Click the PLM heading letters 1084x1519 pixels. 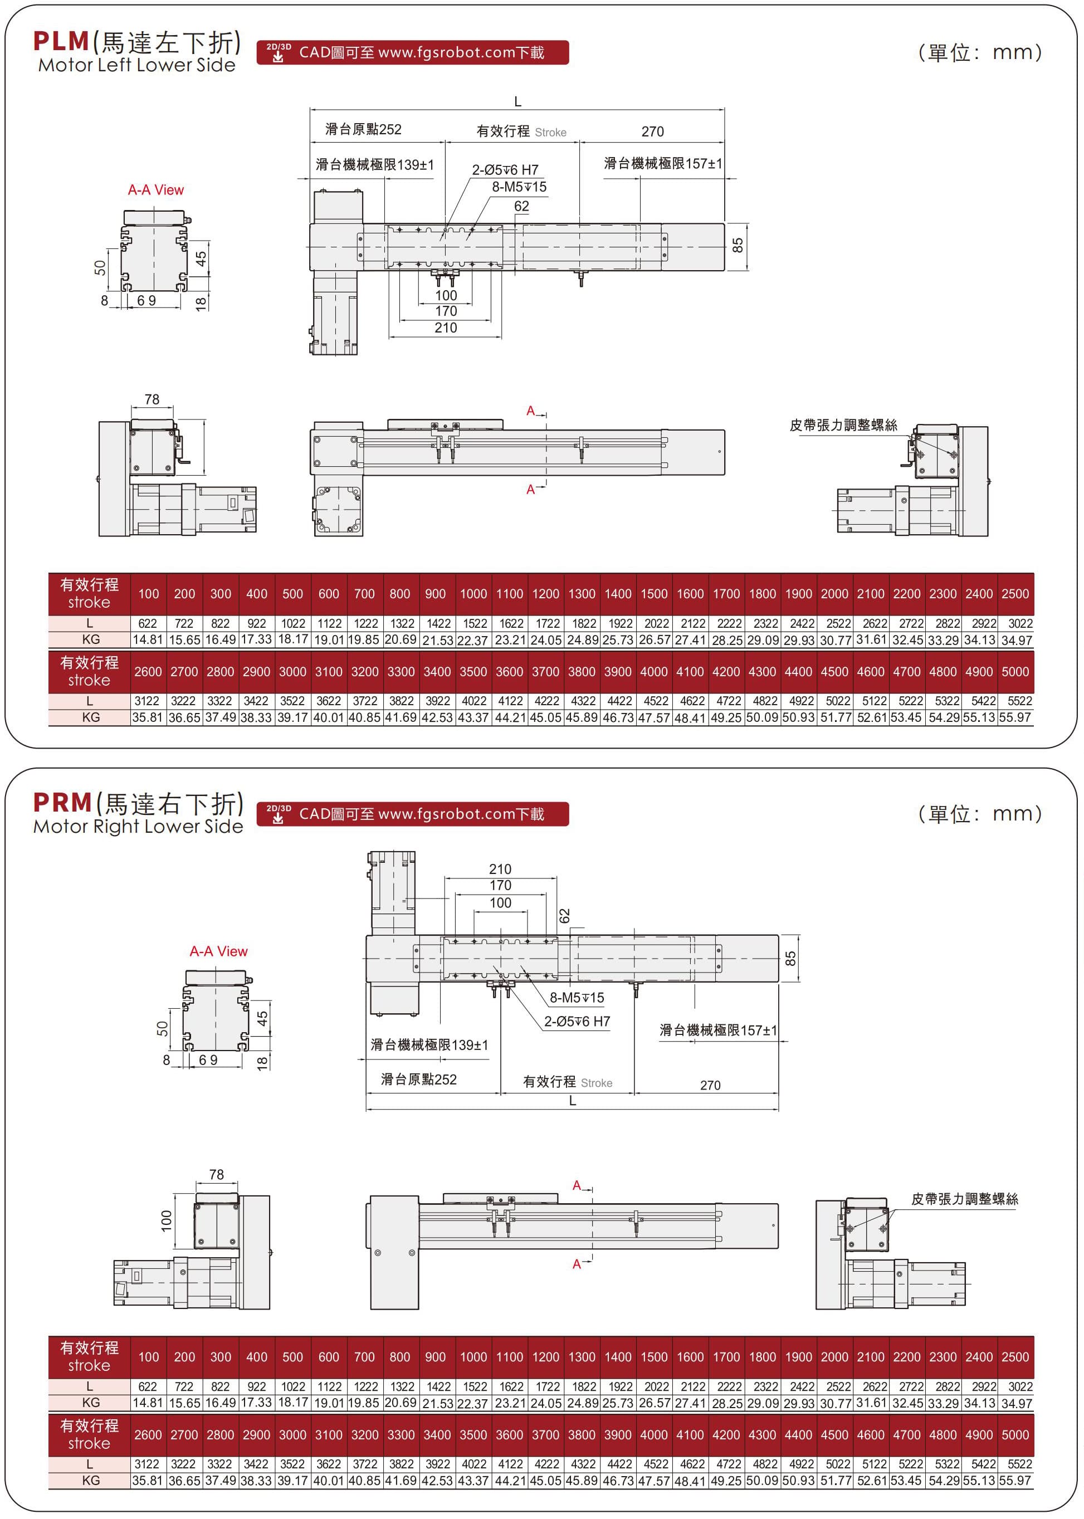(61, 41)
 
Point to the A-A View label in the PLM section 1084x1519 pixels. (155, 190)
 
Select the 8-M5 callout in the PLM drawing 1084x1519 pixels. (519, 187)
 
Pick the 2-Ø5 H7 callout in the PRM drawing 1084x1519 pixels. (577, 1021)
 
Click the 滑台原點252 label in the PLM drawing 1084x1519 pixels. (363, 129)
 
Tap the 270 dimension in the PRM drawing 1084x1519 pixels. (710, 1085)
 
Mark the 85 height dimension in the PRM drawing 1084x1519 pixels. (790, 959)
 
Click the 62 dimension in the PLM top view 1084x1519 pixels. (521, 206)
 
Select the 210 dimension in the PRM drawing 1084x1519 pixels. (500, 869)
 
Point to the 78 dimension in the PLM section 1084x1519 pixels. (152, 399)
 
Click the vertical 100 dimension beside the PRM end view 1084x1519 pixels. (166, 1220)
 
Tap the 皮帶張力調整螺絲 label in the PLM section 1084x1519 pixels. (843, 425)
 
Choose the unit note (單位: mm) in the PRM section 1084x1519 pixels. (980, 814)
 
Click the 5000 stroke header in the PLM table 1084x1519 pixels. (1014, 671)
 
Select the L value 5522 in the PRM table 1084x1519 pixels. (1019, 1464)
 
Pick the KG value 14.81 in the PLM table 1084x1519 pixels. (148, 639)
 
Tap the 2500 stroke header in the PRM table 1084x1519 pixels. (1014, 1357)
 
